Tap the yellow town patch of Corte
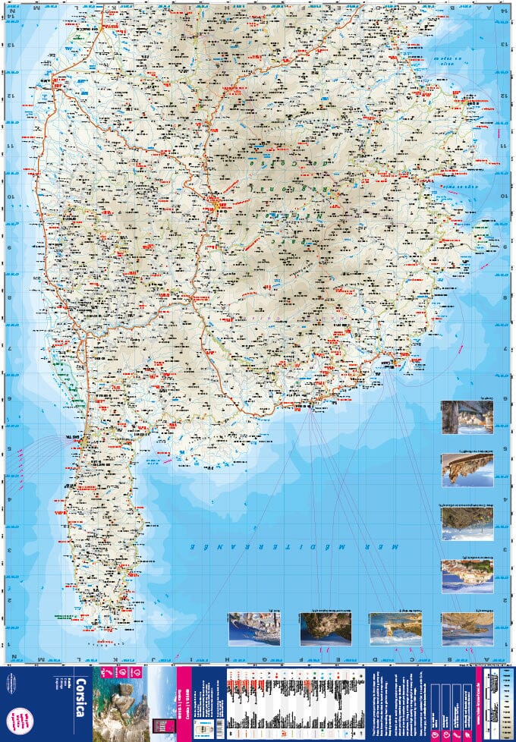click(x=219, y=203)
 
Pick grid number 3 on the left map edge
click(x=10, y=551)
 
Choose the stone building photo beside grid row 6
click(x=467, y=417)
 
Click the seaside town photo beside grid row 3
click(x=467, y=577)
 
